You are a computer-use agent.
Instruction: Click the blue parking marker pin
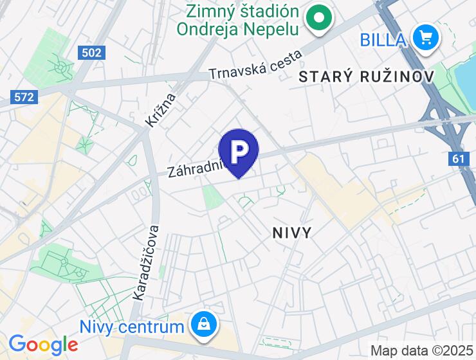coord(239,153)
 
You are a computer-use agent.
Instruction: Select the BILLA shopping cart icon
coord(425,38)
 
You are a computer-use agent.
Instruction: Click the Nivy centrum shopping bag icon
coord(203,326)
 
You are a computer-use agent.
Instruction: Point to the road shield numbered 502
coord(92,53)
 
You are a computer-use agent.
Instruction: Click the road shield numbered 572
coord(25,97)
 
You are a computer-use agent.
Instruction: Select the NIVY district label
coord(292,232)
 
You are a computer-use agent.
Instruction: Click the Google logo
coord(43,345)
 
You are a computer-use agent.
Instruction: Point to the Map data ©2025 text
coord(421,351)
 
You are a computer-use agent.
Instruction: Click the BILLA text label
coord(382,40)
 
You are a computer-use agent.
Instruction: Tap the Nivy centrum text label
coord(132,326)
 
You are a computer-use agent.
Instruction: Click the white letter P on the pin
coord(239,150)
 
